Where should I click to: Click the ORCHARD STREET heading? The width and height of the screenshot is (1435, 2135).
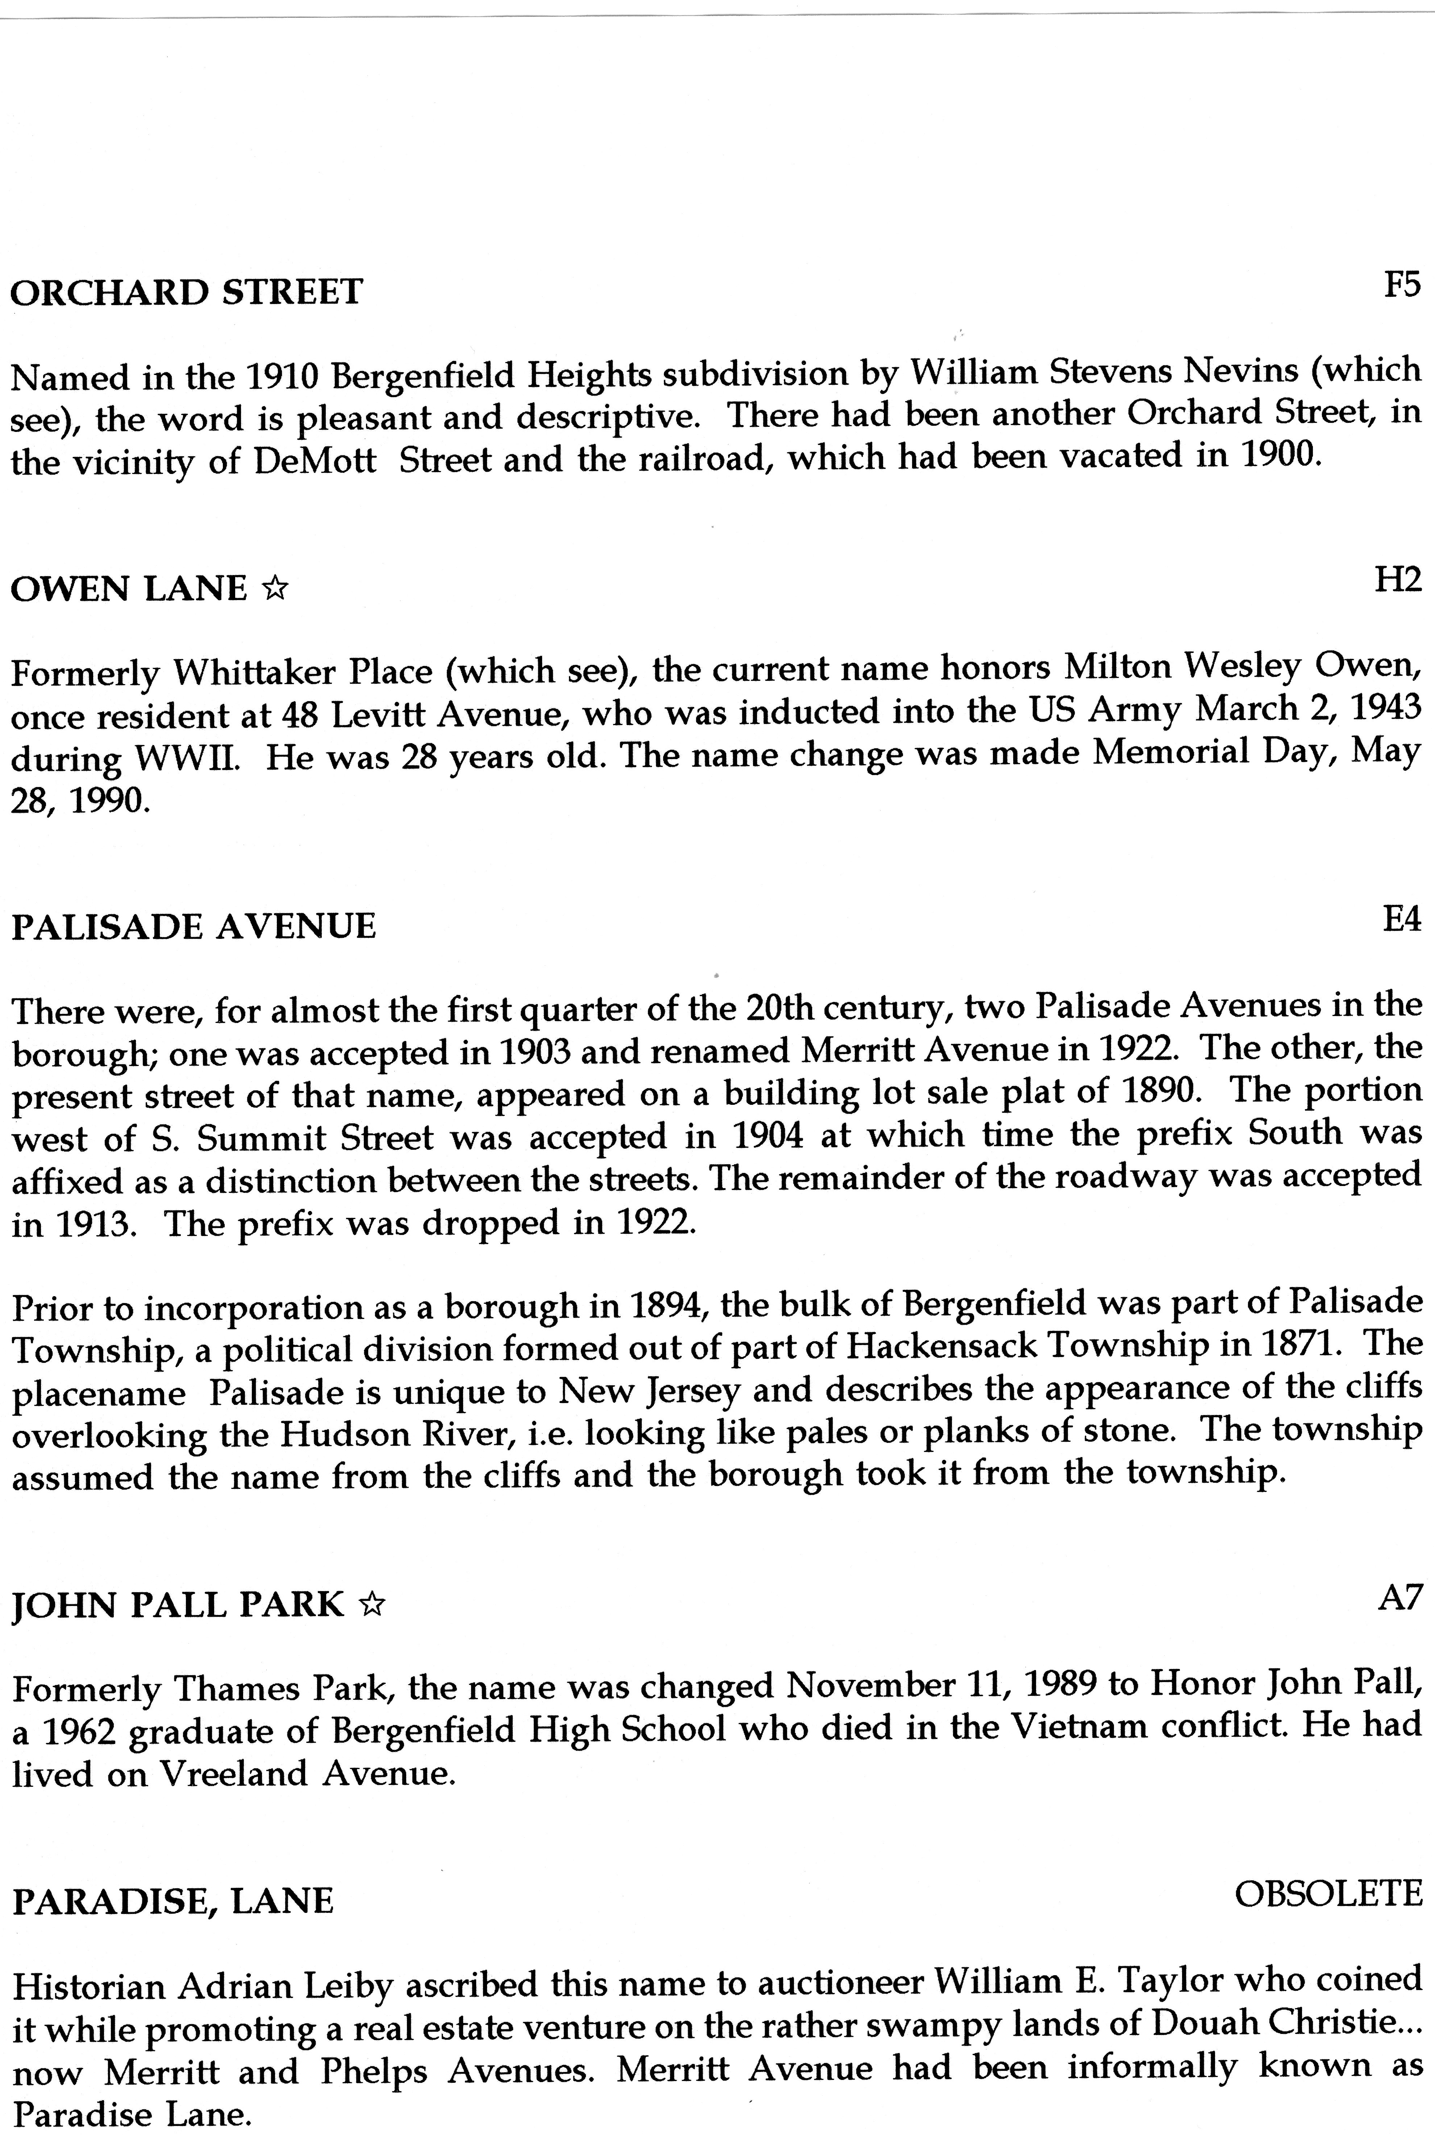point(187,293)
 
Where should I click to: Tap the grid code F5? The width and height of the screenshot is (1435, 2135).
point(1401,286)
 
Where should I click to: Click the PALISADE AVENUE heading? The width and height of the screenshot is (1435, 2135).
point(193,927)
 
